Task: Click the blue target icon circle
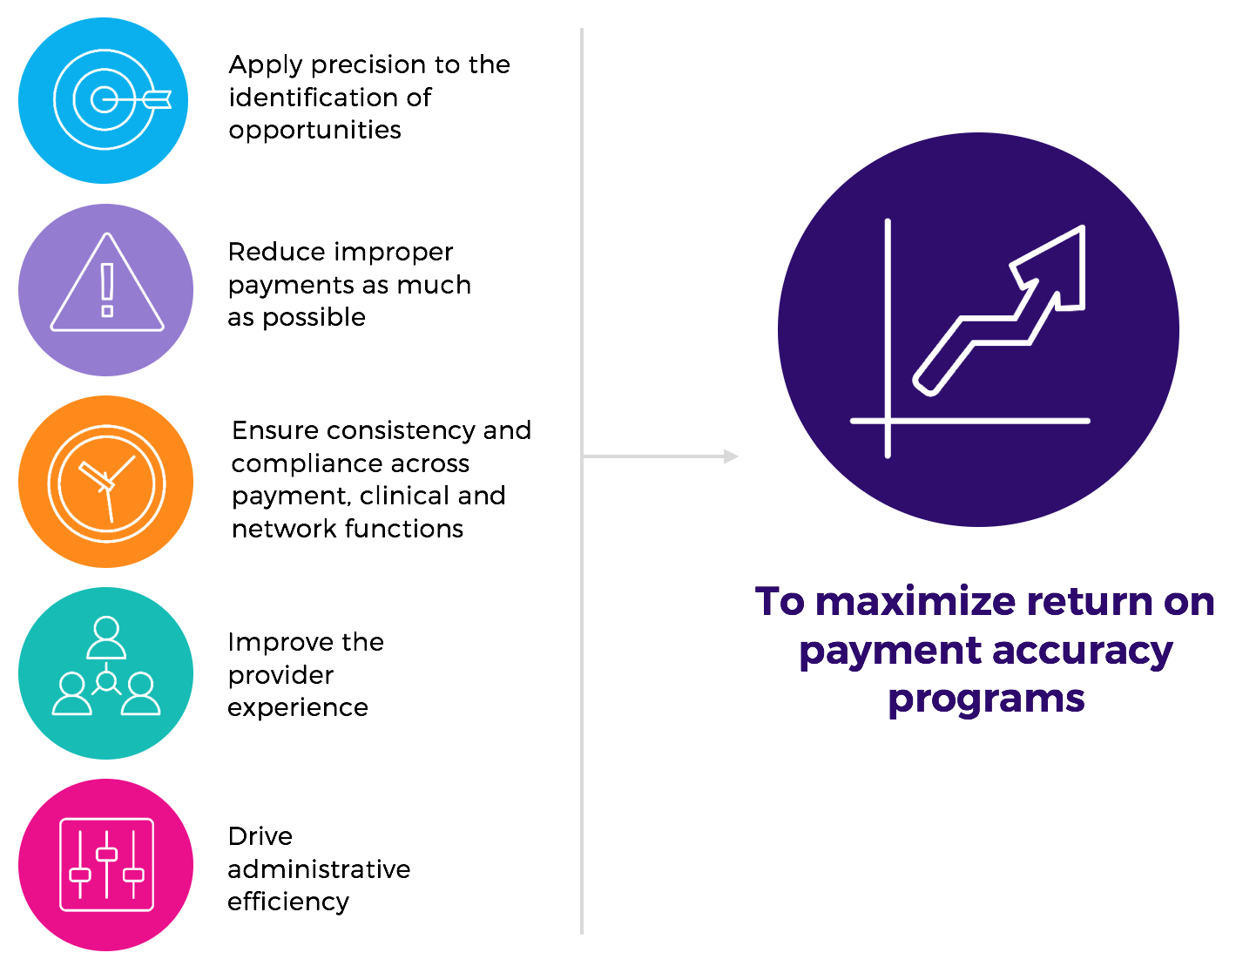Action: (104, 101)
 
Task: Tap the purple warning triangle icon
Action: (107, 289)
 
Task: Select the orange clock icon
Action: (106, 482)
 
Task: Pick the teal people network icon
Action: (106, 672)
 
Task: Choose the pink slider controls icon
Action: (106, 864)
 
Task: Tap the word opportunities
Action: (314, 131)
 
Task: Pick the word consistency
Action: (402, 431)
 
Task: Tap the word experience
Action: (298, 708)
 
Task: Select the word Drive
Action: (260, 837)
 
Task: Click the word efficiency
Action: (288, 902)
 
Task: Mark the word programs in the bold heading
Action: (986, 699)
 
